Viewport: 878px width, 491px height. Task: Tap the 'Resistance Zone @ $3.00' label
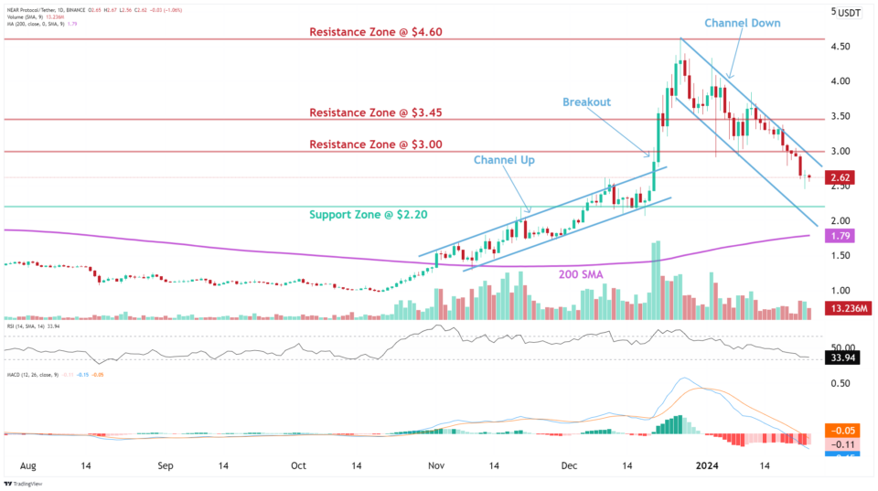376,144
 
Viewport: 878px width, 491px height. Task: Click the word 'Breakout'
586,101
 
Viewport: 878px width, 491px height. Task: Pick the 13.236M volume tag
848,308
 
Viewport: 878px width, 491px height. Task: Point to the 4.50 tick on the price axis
841,47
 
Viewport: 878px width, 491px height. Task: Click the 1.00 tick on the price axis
841,290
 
